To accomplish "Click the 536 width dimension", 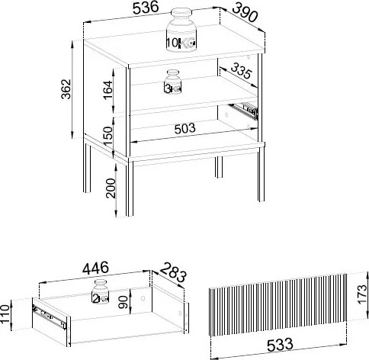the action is coord(146,8).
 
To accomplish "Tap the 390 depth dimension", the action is coord(245,12).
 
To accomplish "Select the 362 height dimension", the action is coord(66,88).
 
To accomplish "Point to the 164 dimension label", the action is coord(107,90).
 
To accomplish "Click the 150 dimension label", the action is coord(107,136).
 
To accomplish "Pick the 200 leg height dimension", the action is coord(111,188).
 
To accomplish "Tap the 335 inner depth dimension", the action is coord(241,70).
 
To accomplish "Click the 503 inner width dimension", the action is coord(185,129).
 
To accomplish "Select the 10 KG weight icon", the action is coord(181,30).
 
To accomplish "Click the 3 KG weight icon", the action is coord(173,82).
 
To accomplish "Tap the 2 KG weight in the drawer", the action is coord(101,291).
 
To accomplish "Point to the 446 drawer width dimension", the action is coord(96,268).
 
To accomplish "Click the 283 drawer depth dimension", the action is coord(174,272).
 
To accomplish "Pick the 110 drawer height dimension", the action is coord(5,314).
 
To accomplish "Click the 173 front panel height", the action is coord(362,294).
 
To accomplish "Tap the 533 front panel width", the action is coord(280,345).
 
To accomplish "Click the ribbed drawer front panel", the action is coord(278,305).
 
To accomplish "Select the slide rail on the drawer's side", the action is coord(50,317).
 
